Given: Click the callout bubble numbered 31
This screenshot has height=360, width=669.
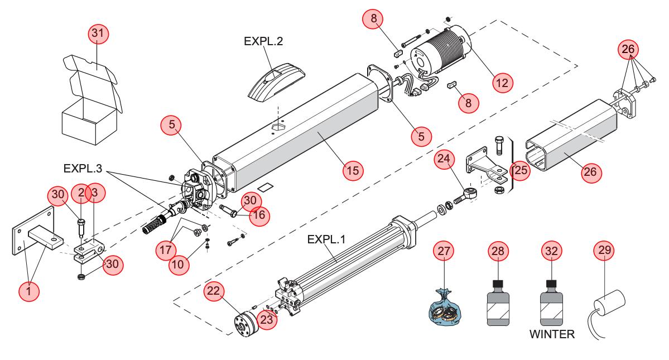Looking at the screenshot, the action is [x=98, y=33].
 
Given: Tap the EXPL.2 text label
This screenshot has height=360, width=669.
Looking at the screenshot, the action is [x=263, y=41].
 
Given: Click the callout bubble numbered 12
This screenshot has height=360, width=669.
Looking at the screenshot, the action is [x=503, y=83].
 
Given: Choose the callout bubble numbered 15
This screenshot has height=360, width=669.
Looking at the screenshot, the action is [x=353, y=171].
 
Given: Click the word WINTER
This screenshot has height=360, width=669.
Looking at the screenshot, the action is [x=552, y=334].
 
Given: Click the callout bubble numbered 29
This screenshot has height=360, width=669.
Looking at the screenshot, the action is [x=604, y=251].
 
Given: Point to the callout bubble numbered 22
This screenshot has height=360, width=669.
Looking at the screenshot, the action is [x=213, y=291].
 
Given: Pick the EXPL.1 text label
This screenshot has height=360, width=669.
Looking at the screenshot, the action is [x=326, y=239].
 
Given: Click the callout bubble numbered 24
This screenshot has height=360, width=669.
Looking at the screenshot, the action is [x=444, y=159].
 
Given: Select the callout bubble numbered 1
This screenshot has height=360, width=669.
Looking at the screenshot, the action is [x=29, y=291].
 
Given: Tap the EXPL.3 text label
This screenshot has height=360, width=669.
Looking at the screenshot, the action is [x=83, y=169].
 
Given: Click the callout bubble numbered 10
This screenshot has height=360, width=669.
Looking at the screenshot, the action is [x=179, y=265].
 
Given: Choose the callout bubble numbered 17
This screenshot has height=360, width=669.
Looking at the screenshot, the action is [x=166, y=249].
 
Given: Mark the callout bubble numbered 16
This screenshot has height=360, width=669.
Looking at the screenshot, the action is [x=260, y=214].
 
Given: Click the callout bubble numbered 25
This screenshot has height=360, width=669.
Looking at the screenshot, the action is [x=520, y=170].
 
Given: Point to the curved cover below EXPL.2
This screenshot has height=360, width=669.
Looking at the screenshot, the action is [x=277, y=81].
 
